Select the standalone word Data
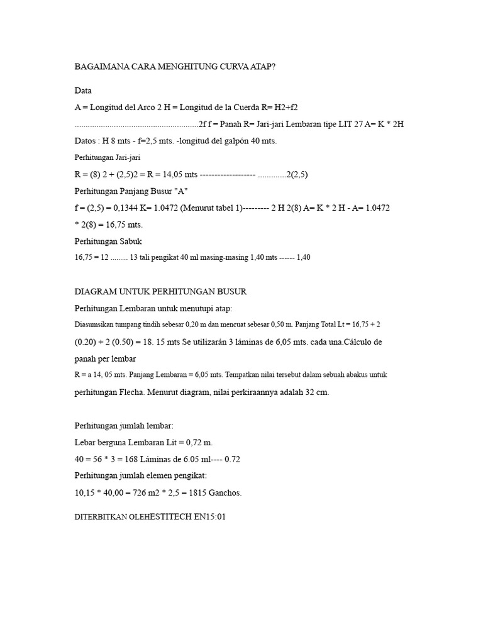coord(83,91)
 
